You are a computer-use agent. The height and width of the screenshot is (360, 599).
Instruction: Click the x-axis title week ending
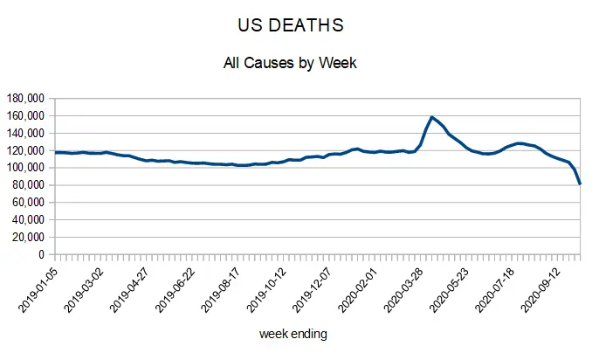293,334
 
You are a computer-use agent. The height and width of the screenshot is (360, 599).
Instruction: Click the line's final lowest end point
581,183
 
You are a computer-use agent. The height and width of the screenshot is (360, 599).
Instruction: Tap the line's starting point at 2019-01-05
55,152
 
